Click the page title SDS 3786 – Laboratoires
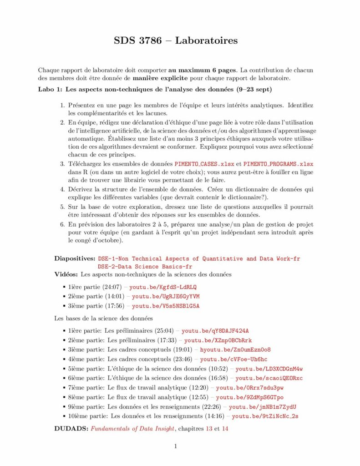[x=176, y=41]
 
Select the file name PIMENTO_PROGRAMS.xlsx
[x=279, y=164]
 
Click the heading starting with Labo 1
[x=155, y=89]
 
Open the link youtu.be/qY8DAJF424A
[x=215, y=331]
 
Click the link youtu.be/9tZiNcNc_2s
[x=265, y=416]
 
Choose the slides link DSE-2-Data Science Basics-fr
[x=145, y=266]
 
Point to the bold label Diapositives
[x=75, y=258]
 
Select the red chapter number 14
[x=225, y=428]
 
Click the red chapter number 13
[x=209, y=428]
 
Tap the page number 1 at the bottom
[x=175, y=446]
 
